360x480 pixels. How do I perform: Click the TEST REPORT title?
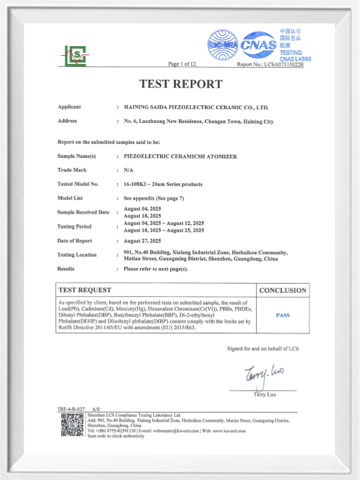pos(181,84)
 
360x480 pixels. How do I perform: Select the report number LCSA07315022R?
pos(280,64)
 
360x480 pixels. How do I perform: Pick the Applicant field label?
pos(70,107)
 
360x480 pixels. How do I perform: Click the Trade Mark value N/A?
pos(128,170)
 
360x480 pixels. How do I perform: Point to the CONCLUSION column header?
pos(283,290)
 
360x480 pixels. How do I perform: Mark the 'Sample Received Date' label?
pos(83,212)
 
